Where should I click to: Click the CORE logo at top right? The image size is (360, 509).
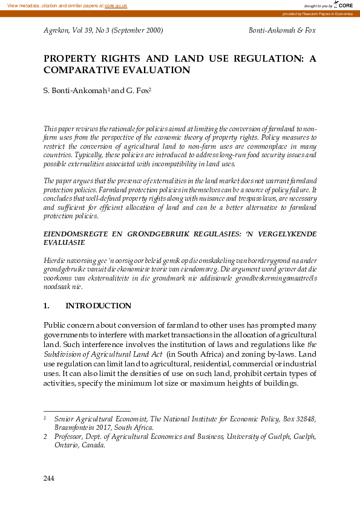(x=343, y=5)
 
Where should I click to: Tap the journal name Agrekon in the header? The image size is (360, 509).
(x=57, y=30)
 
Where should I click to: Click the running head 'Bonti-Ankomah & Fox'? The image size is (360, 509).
(x=282, y=30)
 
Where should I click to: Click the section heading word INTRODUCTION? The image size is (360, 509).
(x=98, y=306)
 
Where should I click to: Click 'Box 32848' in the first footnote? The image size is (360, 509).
(x=299, y=418)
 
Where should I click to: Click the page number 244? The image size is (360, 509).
(x=50, y=479)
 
